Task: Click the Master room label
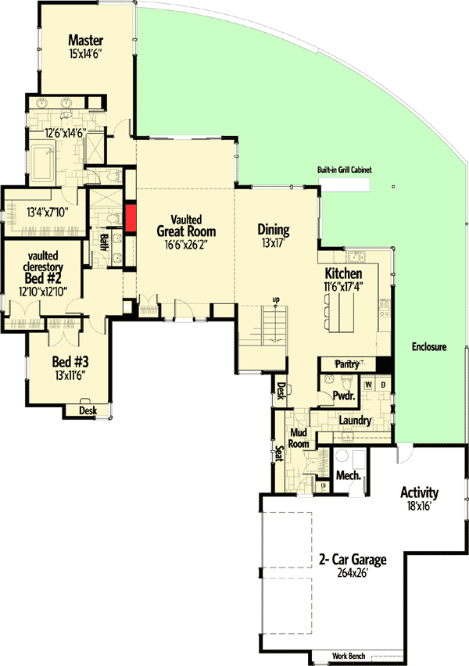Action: point(86,40)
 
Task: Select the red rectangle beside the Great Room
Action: point(131,217)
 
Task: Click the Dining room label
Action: point(274,230)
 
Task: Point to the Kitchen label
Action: point(344,274)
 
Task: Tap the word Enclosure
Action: point(425,346)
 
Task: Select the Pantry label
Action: point(345,364)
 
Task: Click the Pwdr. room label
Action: point(345,396)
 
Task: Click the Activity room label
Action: point(419,493)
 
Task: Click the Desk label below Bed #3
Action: point(88,410)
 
